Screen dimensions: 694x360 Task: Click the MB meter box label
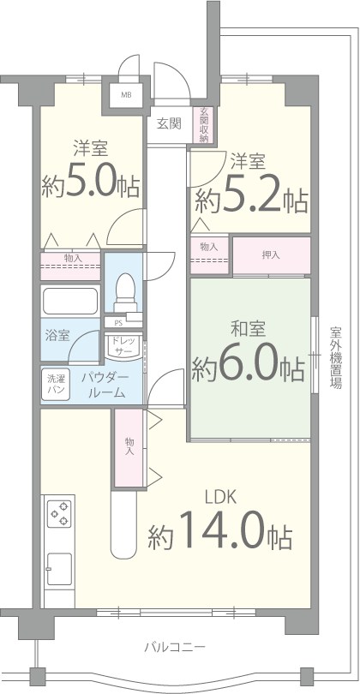(126, 95)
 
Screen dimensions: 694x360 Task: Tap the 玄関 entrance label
(169, 123)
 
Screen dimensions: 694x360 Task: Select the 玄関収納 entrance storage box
(204, 124)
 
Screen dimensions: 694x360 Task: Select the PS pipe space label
(117, 322)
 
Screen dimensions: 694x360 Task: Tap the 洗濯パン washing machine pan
(56, 383)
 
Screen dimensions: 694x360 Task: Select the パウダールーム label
(105, 385)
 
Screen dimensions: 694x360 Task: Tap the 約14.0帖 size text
(219, 536)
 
